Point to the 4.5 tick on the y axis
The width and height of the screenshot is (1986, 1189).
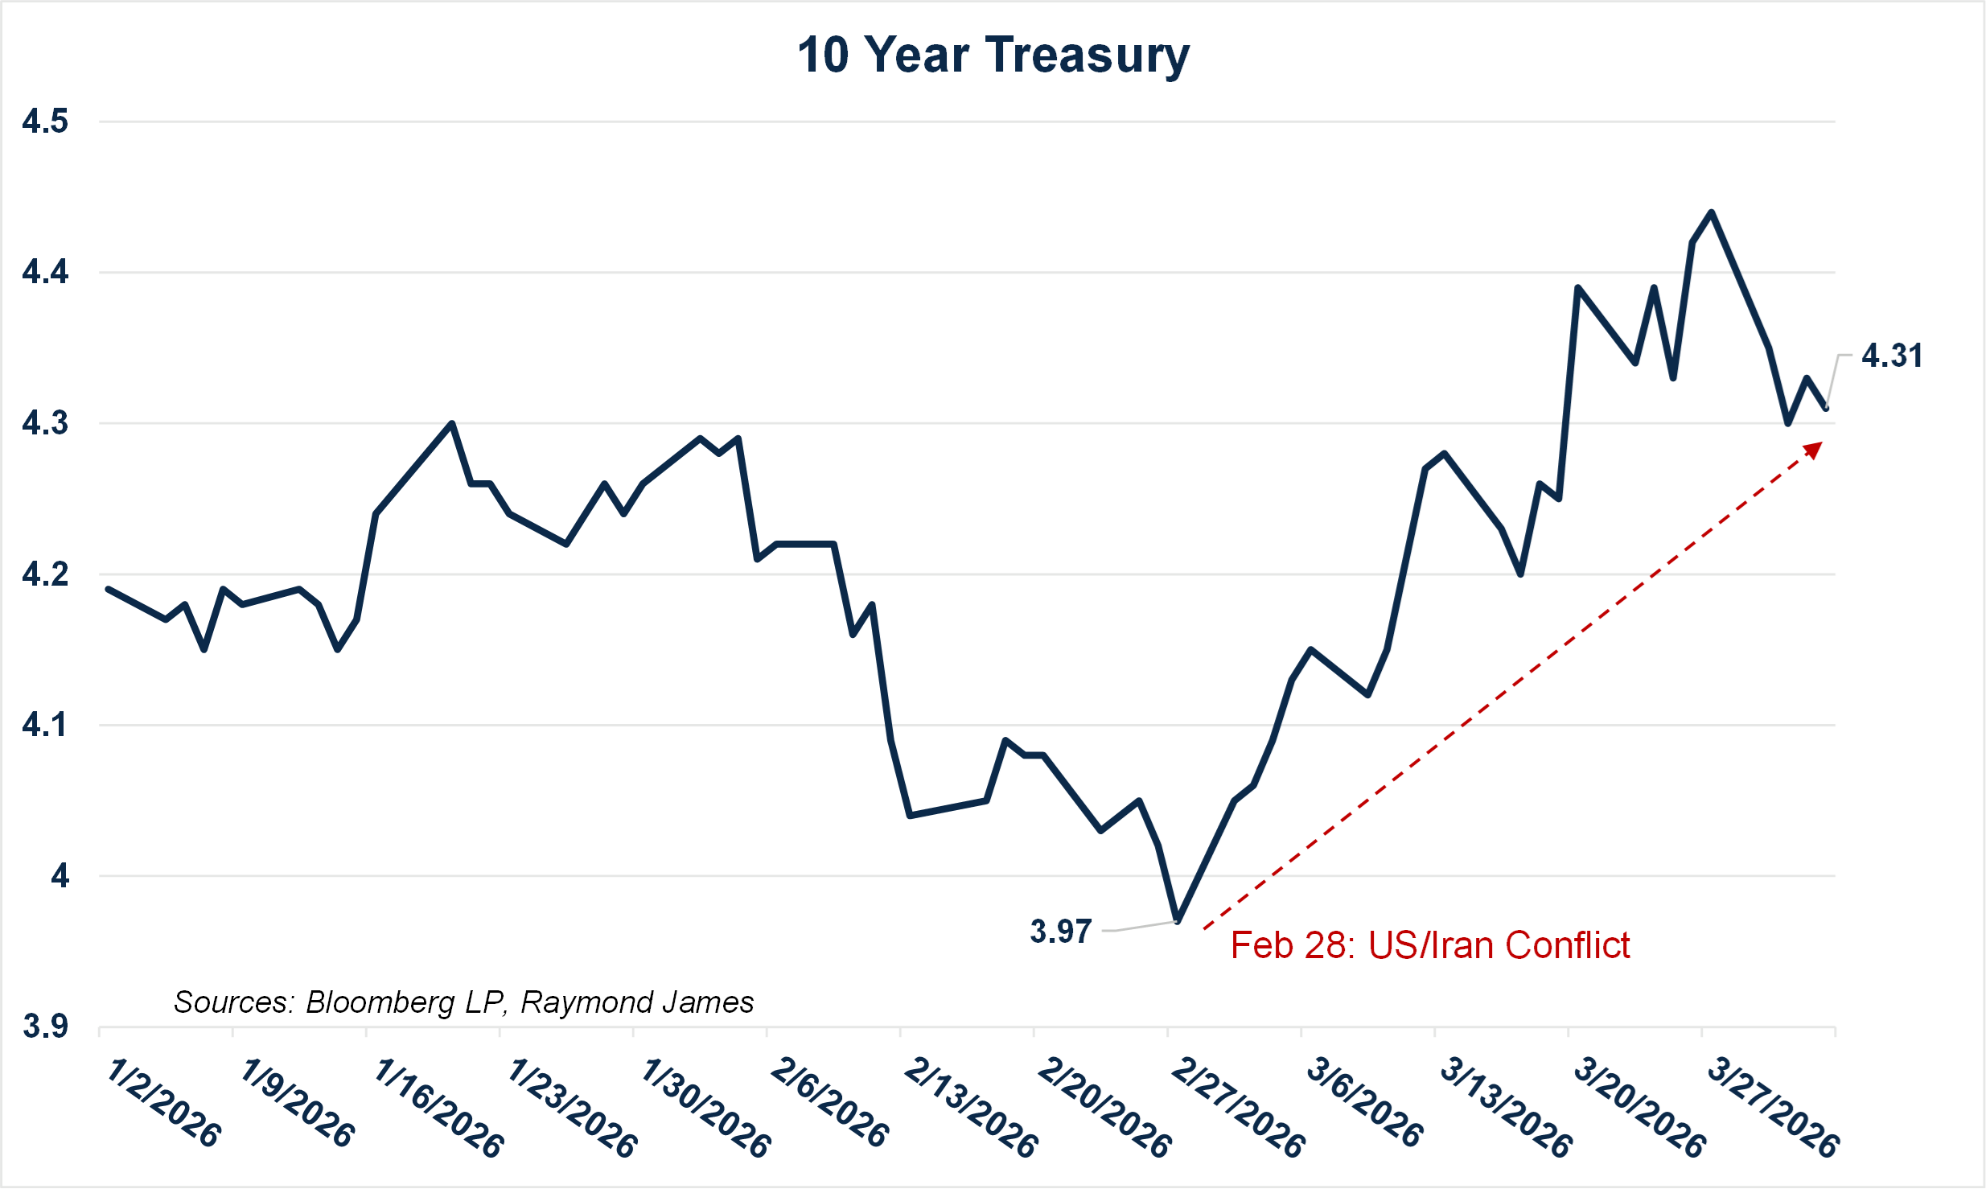45,122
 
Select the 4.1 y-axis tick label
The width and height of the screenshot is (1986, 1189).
45,726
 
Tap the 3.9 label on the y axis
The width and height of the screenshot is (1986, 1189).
45,1027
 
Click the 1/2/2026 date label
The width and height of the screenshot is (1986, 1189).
164,1103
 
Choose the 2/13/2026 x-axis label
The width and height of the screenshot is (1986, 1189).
971,1108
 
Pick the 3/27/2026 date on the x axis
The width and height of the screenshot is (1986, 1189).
1772,1108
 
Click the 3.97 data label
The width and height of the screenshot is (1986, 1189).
1061,932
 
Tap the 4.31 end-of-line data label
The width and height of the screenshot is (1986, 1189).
1892,356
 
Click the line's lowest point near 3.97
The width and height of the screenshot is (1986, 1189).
1178,920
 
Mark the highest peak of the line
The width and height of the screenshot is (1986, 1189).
1711,213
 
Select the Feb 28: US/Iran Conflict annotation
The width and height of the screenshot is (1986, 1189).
1430,945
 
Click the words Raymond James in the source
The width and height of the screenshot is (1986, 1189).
637,1002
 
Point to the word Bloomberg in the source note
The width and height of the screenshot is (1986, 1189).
380,1002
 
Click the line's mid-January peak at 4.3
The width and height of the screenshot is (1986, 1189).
452,423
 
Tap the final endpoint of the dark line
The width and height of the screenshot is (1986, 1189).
1827,409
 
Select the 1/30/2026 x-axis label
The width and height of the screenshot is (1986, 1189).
705,1108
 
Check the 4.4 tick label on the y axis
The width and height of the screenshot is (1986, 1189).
45,273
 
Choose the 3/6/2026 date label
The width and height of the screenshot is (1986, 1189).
1364,1103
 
